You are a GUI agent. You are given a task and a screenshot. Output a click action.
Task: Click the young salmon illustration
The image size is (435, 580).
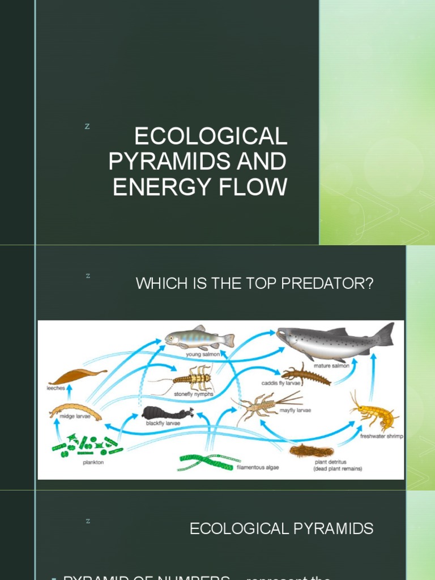coord(199,339)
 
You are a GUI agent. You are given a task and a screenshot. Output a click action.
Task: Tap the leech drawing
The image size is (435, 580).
coord(76,376)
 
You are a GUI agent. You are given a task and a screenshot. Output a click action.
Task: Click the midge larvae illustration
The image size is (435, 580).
coord(75,411)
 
